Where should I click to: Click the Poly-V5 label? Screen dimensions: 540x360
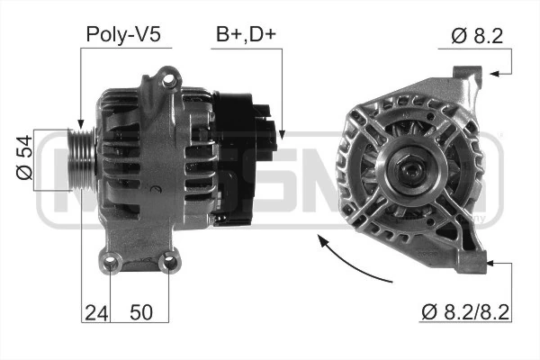click(x=123, y=35)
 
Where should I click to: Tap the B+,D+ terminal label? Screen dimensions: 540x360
click(x=247, y=34)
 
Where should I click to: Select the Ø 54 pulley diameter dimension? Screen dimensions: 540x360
click(x=24, y=157)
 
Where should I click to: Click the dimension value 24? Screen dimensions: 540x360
click(x=96, y=313)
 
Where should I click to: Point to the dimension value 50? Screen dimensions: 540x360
click(x=141, y=312)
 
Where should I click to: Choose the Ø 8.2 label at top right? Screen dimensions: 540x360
click(x=477, y=36)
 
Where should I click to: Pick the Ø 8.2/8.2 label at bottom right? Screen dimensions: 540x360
click(x=465, y=312)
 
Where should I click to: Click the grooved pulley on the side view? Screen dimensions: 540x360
click(x=82, y=159)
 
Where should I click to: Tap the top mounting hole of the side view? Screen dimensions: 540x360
click(x=168, y=80)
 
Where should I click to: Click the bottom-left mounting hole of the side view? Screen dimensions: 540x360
click(x=110, y=263)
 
